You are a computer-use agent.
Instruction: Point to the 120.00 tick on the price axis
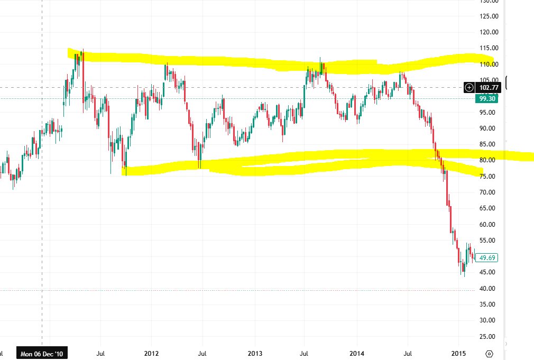click(x=489, y=32)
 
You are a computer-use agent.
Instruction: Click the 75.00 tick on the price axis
click(x=489, y=176)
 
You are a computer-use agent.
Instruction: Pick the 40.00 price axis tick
click(x=489, y=288)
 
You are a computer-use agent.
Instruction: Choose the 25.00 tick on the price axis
click(x=489, y=336)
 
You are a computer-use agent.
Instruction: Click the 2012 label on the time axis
click(x=152, y=353)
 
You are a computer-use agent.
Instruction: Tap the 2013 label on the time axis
click(x=255, y=353)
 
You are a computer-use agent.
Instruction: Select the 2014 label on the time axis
click(x=357, y=353)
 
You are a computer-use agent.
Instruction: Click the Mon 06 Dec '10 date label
click(x=42, y=353)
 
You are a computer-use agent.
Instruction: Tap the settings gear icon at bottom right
click(x=489, y=354)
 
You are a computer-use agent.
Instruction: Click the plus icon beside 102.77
click(x=468, y=88)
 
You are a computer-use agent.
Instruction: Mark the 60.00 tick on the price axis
click(x=489, y=224)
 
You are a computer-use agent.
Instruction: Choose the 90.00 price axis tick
click(x=489, y=128)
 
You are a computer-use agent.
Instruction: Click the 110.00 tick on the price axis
click(x=489, y=64)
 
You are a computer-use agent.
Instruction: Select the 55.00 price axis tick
click(x=489, y=241)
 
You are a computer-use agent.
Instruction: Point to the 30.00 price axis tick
click(x=489, y=320)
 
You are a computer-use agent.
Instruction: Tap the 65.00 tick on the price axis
click(x=489, y=208)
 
